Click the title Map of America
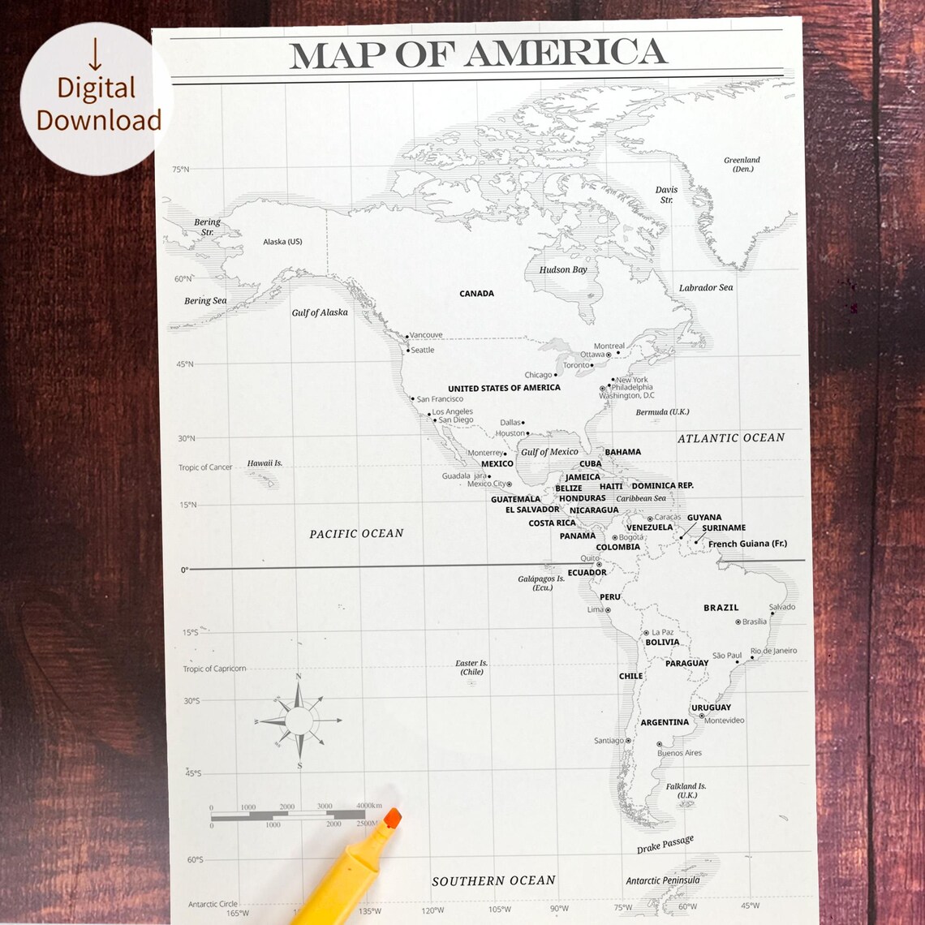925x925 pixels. pyautogui.click(x=478, y=54)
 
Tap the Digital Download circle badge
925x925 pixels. pyautogui.click(x=96, y=99)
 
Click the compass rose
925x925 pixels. pyautogui.click(x=299, y=720)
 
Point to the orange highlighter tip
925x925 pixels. pyautogui.click(x=393, y=818)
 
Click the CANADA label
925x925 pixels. pyautogui.click(x=476, y=294)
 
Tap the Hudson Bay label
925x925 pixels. pyautogui.click(x=563, y=269)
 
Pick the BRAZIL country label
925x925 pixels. pyautogui.click(x=721, y=608)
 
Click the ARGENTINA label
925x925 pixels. pyautogui.click(x=665, y=722)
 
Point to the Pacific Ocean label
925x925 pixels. pyautogui.click(x=356, y=533)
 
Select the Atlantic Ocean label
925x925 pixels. pyautogui.click(x=731, y=438)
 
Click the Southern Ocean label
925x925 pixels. pyautogui.click(x=493, y=880)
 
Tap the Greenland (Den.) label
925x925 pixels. pyautogui.click(x=742, y=165)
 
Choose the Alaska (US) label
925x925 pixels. pyautogui.click(x=282, y=242)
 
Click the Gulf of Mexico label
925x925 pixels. pyautogui.click(x=549, y=452)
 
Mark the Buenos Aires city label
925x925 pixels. pyautogui.click(x=679, y=753)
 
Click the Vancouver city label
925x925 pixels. pyautogui.click(x=426, y=335)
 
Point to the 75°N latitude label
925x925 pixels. pyautogui.click(x=180, y=170)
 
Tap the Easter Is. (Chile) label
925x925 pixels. pyautogui.click(x=471, y=668)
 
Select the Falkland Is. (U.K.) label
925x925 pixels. pyautogui.click(x=686, y=790)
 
